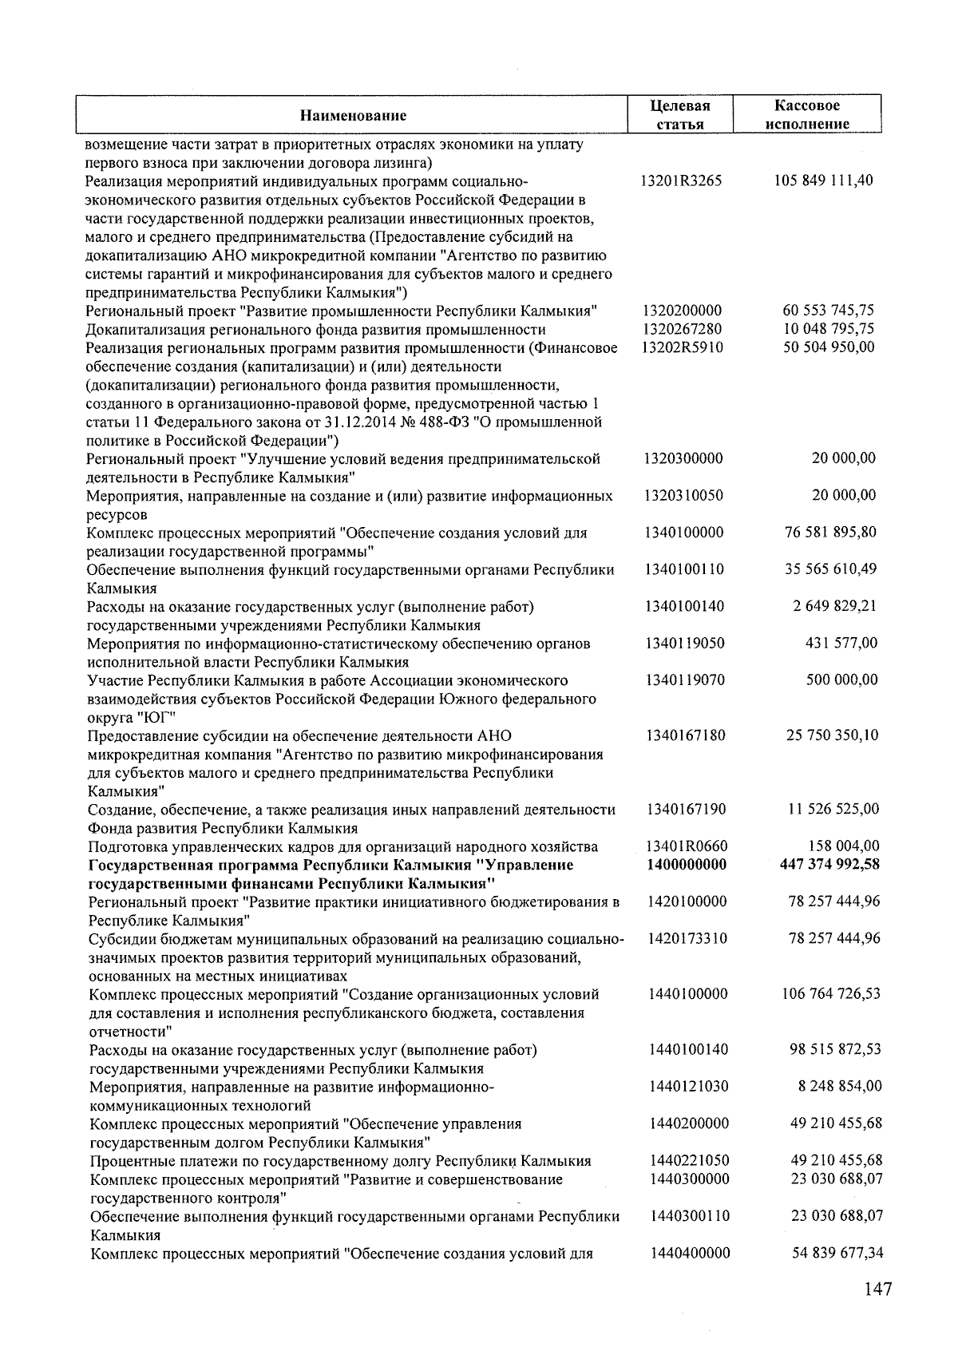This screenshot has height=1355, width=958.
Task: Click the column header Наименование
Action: [353, 116]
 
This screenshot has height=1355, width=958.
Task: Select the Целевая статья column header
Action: [679, 115]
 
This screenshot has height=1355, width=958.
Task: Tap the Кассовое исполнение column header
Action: [806, 115]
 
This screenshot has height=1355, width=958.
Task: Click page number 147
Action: [876, 1289]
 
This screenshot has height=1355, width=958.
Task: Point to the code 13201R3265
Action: [681, 180]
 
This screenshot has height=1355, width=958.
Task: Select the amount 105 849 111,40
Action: [824, 180]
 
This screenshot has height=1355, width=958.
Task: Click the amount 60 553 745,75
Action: [828, 311]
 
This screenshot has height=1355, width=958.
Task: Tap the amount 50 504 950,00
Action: [828, 347]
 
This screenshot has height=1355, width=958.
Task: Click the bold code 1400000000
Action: [687, 865]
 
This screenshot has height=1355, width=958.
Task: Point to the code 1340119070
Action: [685, 680]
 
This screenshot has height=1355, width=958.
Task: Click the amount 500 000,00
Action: [841, 680]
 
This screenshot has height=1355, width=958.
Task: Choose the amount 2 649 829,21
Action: [834, 606]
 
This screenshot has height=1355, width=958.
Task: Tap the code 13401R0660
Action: [687, 846]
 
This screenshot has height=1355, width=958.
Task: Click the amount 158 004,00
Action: [844, 846]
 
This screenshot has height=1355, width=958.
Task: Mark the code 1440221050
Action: [689, 1161]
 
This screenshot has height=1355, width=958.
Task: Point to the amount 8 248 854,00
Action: [840, 1087]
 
